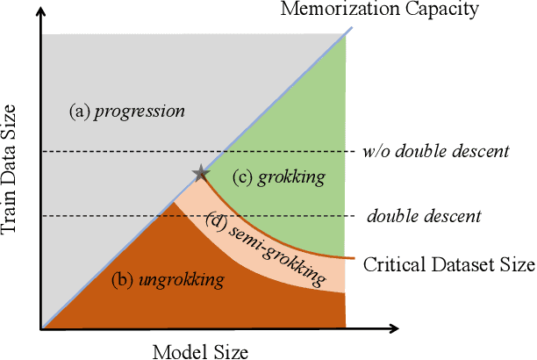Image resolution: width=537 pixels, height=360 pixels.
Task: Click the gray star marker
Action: pyautogui.click(x=201, y=172)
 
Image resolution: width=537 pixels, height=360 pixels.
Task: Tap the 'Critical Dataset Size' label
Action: pyautogui.click(x=448, y=263)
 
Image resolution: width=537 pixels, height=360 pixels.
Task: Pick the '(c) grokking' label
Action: pyautogui.click(x=279, y=176)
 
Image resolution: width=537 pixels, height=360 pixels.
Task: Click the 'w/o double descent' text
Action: pyautogui.click(x=435, y=151)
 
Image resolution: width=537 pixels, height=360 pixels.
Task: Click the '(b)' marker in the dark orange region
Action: pyautogui.click(x=122, y=281)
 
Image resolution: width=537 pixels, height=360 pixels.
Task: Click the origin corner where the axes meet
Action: pyautogui.click(x=41, y=328)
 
